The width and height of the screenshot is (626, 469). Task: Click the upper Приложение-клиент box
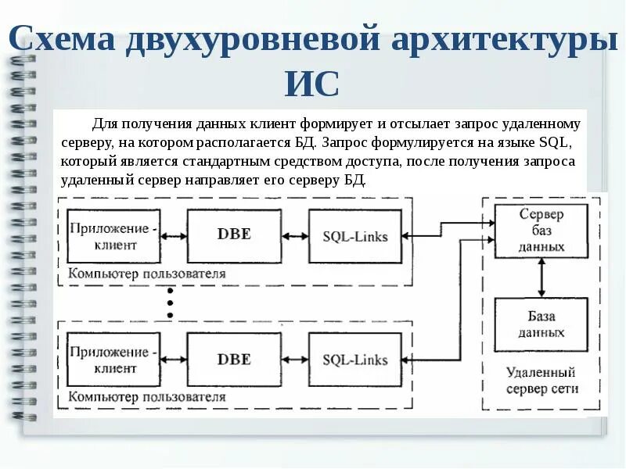coord(113,235)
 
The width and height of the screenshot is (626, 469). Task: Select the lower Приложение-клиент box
coord(113,360)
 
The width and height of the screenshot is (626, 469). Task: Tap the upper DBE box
coord(234,235)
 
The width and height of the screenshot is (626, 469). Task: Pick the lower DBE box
coord(234,360)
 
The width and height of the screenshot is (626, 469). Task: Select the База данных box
coord(541,324)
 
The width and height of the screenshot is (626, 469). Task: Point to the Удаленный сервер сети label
coord(541,381)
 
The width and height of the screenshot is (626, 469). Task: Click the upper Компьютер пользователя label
coord(146,274)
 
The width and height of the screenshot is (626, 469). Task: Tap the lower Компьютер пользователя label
coord(146,397)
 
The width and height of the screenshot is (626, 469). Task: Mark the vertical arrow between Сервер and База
coord(541,277)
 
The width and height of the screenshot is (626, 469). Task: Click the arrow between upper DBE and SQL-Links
coord(295,235)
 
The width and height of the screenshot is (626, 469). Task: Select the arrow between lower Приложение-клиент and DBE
coord(174,360)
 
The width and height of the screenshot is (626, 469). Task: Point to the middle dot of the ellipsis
coord(170,302)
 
